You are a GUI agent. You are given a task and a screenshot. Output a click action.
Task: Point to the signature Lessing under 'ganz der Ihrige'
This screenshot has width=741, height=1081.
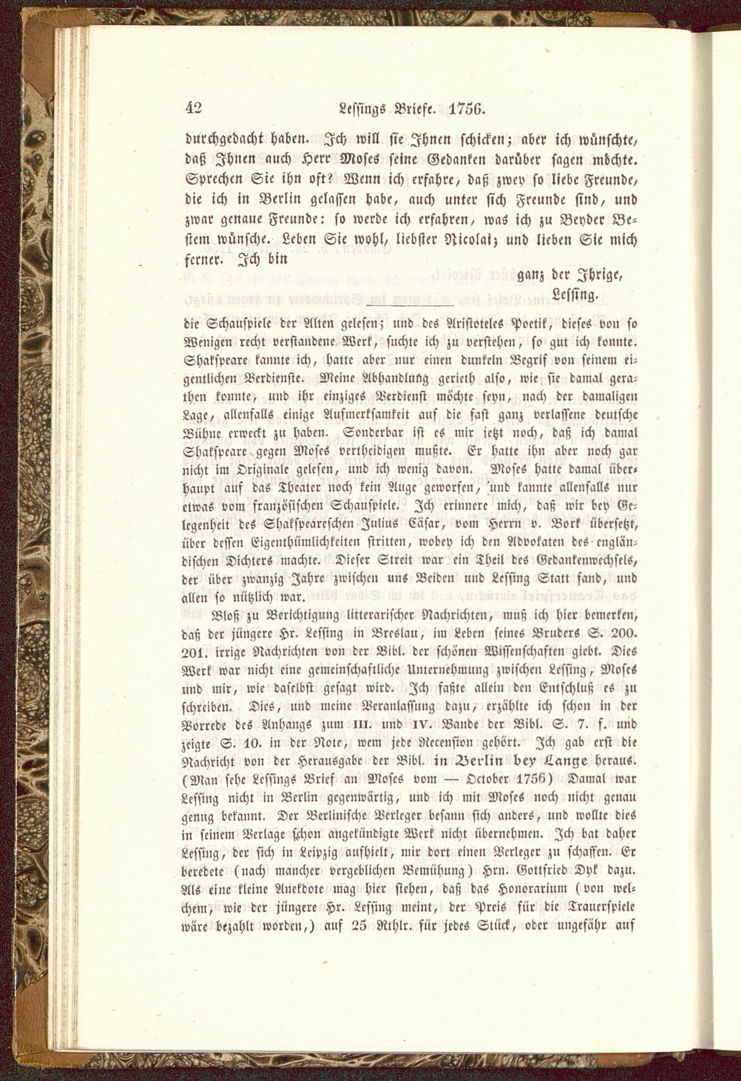click(x=575, y=295)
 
